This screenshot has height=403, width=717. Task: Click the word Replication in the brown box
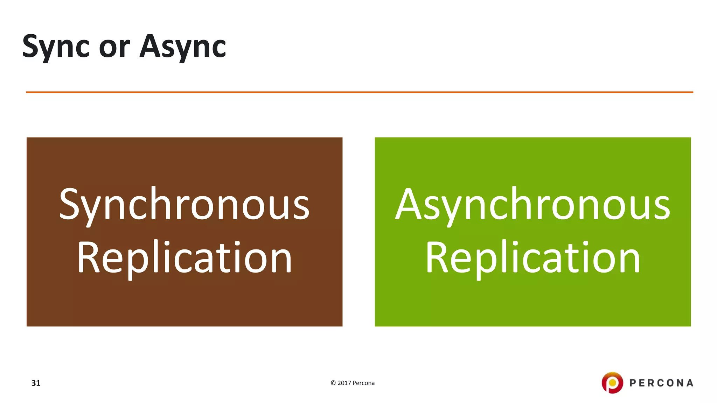click(184, 258)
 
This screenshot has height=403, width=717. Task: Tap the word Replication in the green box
click(532, 258)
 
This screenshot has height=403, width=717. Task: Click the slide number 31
click(36, 383)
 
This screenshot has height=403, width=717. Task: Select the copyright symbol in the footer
click(333, 383)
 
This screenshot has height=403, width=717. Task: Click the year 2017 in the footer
click(344, 383)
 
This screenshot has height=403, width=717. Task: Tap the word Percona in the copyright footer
click(364, 383)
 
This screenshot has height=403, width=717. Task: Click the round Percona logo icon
click(612, 383)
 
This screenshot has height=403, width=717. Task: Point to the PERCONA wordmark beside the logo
click(661, 383)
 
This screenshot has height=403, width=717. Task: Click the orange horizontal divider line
click(359, 92)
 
